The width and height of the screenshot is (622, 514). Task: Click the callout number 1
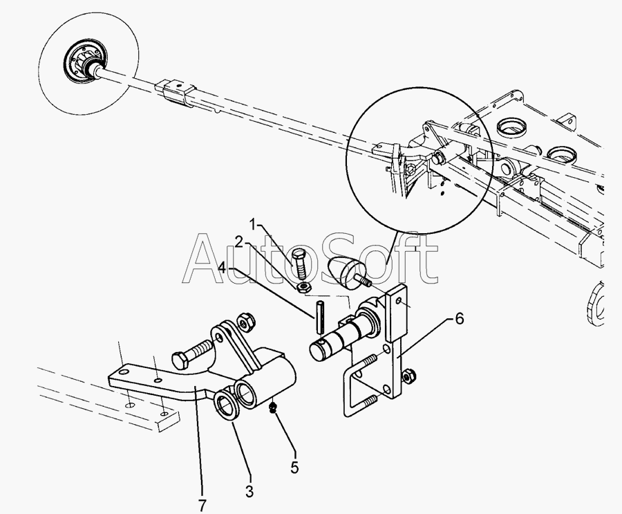click(x=253, y=224)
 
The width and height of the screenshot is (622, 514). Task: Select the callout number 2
click(x=238, y=241)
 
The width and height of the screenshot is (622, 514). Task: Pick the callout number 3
click(x=249, y=492)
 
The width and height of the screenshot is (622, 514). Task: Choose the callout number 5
click(x=294, y=468)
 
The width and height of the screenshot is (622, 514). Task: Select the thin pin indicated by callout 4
click(x=321, y=315)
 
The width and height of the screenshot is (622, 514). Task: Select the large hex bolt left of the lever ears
click(x=193, y=351)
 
